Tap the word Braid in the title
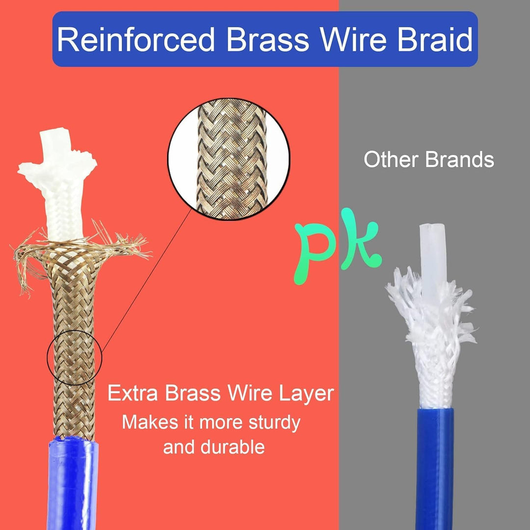(x=434, y=39)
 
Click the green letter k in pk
(x=360, y=239)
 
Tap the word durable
(x=232, y=447)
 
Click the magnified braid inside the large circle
(x=232, y=159)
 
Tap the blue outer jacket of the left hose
(x=72, y=483)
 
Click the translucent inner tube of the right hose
(x=433, y=257)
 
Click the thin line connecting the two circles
(x=147, y=281)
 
